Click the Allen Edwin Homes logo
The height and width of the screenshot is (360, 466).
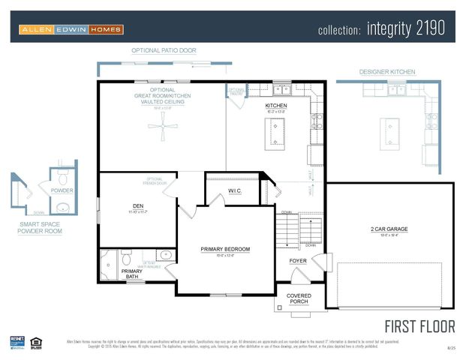coord(71,29)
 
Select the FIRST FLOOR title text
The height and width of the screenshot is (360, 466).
coord(420,326)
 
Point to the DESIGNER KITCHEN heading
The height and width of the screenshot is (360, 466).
coord(387,72)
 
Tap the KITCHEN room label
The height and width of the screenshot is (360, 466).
coord(275,106)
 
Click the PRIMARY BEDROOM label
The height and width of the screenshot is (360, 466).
coord(225,249)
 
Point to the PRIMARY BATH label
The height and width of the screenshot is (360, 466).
coord(132,274)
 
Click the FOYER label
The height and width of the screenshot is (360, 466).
coord(298,261)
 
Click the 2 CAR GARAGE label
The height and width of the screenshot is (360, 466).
coord(389,229)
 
